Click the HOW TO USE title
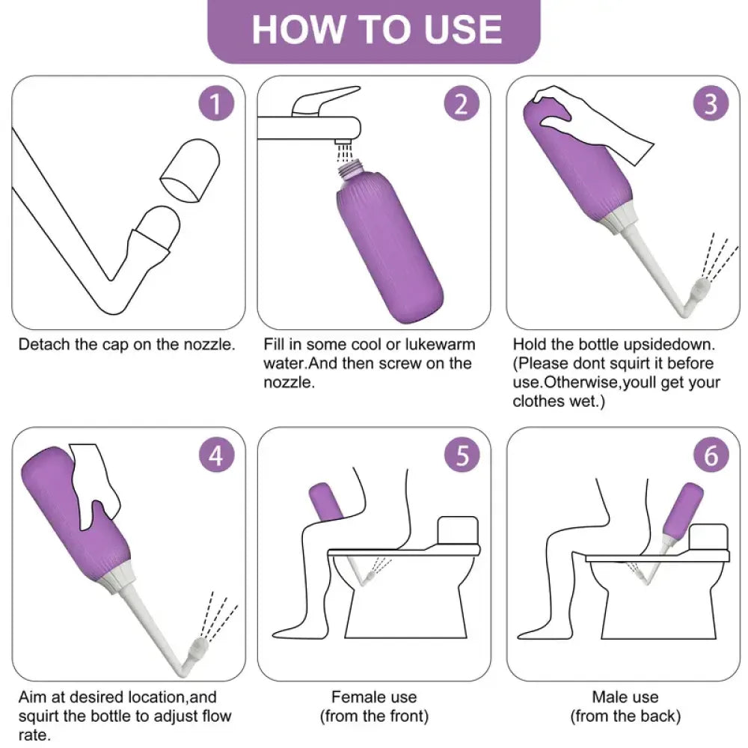pyautogui.click(x=377, y=30)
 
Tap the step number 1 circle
pyautogui.click(x=216, y=103)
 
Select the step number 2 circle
pyautogui.click(x=462, y=103)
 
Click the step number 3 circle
pyautogui.click(x=711, y=103)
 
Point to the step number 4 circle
pyautogui.click(x=216, y=455)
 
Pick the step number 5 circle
pyautogui.click(x=462, y=455)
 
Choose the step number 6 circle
pyautogui.click(x=711, y=455)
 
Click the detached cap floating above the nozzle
pyautogui.click(x=190, y=171)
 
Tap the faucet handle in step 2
pyautogui.click(x=325, y=100)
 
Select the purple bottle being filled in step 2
pyautogui.click(x=389, y=245)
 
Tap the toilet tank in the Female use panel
pyautogui.click(x=458, y=530)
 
